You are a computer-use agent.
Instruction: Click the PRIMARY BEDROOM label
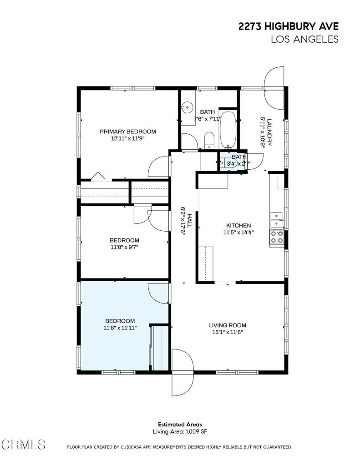[128, 132]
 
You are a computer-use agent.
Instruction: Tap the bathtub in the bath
[228, 130]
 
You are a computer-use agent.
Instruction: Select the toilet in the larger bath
[209, 140]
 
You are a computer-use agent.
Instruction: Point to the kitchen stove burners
[276, 237]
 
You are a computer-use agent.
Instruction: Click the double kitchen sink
[276, 220]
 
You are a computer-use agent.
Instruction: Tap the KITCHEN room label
[238, 226]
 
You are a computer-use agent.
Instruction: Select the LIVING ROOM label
[228, 325]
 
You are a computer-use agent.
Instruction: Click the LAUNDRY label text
[269, 132]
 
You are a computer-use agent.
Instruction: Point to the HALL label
[189, 221]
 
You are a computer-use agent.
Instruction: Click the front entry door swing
[183, 373]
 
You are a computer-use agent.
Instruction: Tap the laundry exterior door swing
[274, 88]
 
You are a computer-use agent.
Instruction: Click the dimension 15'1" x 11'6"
[228, 332]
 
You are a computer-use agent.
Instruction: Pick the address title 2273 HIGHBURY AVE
[289, 26]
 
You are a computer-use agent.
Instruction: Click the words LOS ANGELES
[305, 39]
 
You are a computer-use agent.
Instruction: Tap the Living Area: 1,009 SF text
[180, 431]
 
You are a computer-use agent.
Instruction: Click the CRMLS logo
[23, 445]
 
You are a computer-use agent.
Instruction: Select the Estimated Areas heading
[180, 425]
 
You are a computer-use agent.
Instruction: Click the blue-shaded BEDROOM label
[120, 321]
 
